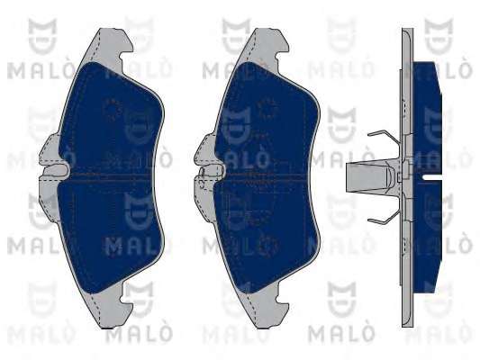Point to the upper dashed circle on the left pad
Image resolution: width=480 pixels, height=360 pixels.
coord(113,110)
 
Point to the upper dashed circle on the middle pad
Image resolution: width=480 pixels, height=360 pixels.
coord(267,110)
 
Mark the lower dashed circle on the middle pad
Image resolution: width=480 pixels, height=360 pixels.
coord(267,245)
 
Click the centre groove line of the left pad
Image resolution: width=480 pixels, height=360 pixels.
coord(110,175)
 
